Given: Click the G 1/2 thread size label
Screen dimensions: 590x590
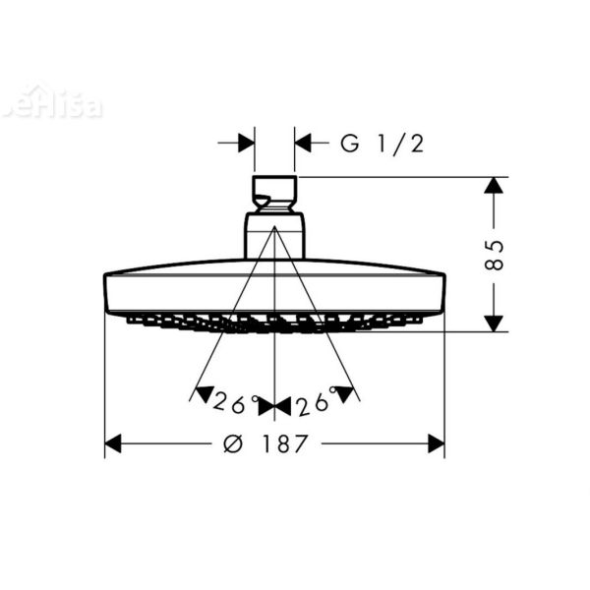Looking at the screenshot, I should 382,144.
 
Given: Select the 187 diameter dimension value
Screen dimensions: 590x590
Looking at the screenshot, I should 285,443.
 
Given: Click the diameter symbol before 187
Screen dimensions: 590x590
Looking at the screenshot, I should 233,443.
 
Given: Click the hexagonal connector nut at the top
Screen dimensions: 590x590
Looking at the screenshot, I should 274,193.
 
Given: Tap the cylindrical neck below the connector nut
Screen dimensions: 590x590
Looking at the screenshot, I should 274,239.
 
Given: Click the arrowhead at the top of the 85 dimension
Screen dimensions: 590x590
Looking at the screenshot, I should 495,187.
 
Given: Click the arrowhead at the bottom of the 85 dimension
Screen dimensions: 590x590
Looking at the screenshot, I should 495,322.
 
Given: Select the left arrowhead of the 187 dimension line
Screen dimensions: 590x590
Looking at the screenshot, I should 113,443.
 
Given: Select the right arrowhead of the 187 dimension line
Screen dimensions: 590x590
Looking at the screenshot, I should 436,443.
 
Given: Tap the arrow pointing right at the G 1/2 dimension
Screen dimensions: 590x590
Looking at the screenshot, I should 246,144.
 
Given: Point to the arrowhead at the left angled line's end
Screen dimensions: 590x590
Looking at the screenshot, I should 204,395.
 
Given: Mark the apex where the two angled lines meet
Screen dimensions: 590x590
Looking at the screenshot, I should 274,228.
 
